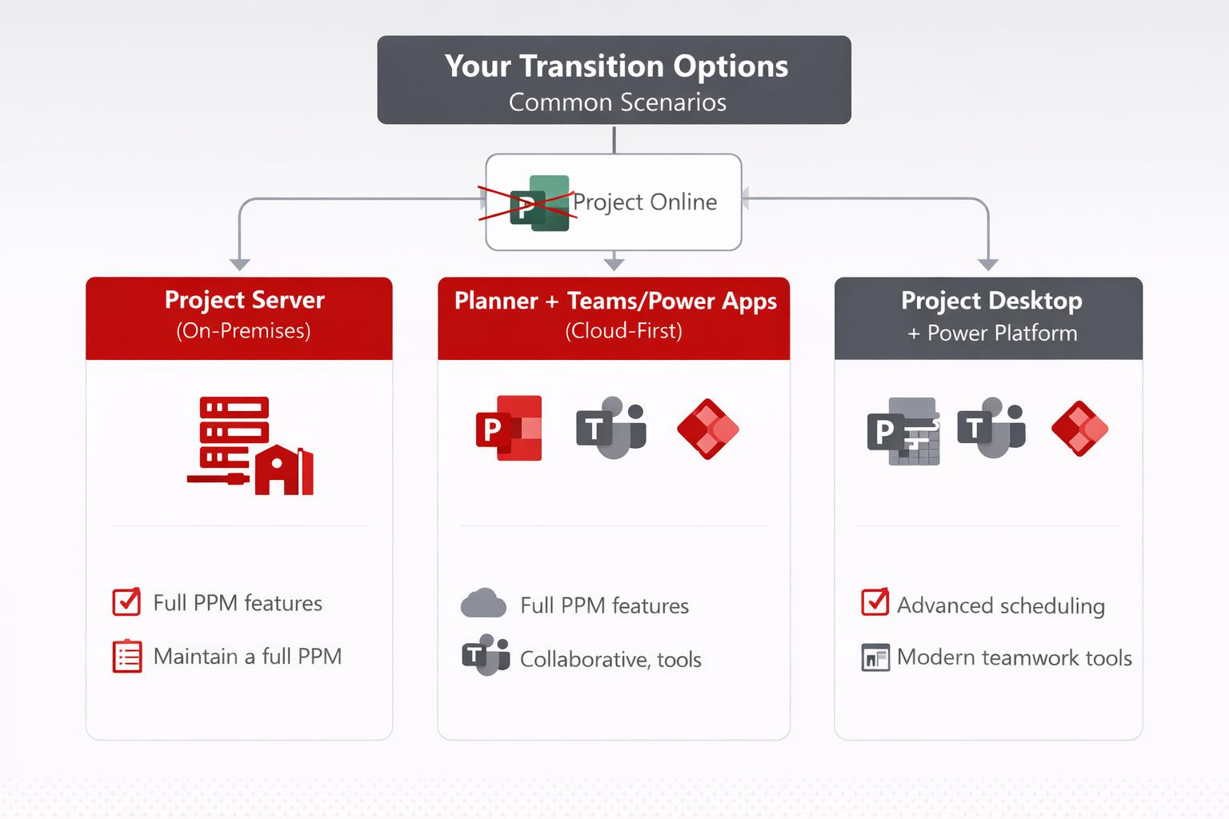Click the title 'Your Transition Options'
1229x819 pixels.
[x=616, y=66]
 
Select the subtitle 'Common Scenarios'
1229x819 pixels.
[x=617, y=102]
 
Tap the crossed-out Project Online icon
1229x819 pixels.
[x=538, y=203]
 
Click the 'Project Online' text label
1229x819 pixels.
[x=645, y=202]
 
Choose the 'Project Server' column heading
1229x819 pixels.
[x=244, y=300]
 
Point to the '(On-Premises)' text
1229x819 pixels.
[x=243, y=331]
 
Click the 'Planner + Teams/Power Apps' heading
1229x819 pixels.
[x=615, y=301]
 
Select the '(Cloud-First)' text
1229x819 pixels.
[x=623, y=331]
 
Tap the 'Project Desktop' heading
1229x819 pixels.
[x=991, y=301]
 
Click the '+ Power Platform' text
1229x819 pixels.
[x=992, y=334]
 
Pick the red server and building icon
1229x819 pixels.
[x=249, y=445]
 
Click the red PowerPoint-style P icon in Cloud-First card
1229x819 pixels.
[x=509, y=429]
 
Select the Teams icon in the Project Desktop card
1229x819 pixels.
[x=991, y=428]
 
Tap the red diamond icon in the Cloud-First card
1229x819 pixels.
[x=707, y=429]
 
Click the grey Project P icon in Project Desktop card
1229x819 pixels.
[x=903, y=432]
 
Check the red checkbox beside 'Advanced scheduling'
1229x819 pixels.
[x=875, y=602]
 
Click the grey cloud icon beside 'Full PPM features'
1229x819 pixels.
[x=483, y=604]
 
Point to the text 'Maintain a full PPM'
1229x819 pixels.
[x=247, y=657]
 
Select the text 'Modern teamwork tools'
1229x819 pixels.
[x=1014, y=657]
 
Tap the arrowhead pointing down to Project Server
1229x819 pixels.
[x=240, y=265]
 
